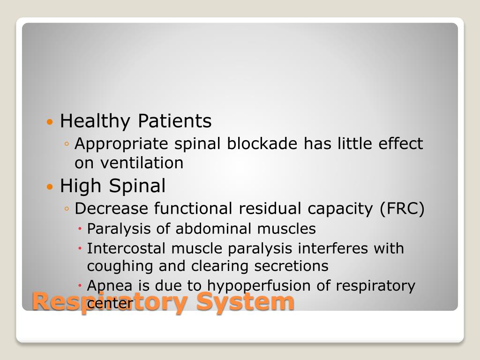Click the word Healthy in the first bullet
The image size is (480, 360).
pyautogui.click(x=96, y=121)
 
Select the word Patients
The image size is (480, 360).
pyautogui.click(x=174, y=121)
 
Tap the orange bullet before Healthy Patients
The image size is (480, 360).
pyautogui.click(x=50, y=122)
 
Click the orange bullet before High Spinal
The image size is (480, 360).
pyautogui.click(x=50, y=187)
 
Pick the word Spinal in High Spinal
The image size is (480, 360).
pyautogui.click(x=137, y=186)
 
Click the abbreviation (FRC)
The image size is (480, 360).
pyautogui.click(x=402, y=209)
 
